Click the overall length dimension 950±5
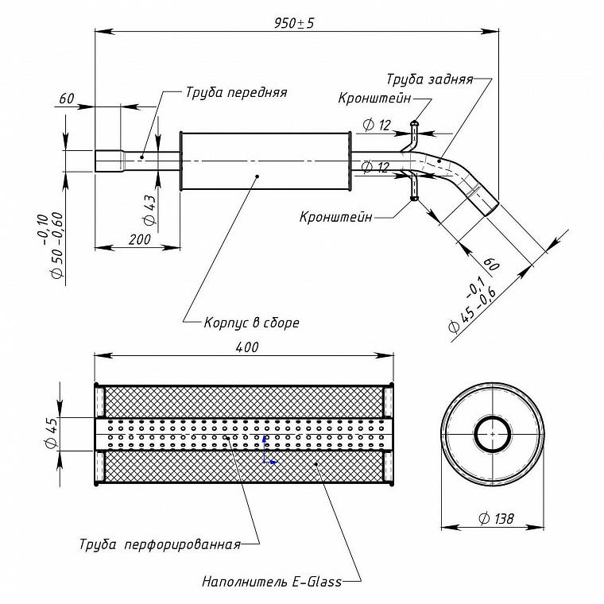294,23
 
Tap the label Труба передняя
237,93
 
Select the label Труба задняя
429,79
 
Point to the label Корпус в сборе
252,322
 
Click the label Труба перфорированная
160,544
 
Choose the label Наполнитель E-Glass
272,581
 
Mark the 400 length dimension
247,347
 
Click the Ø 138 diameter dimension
496,518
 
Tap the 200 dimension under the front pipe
139,239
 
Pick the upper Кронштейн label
374,99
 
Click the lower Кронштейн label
336,217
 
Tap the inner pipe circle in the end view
493,434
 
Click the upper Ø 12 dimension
377,125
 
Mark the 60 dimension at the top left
66,99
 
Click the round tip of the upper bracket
415,124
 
